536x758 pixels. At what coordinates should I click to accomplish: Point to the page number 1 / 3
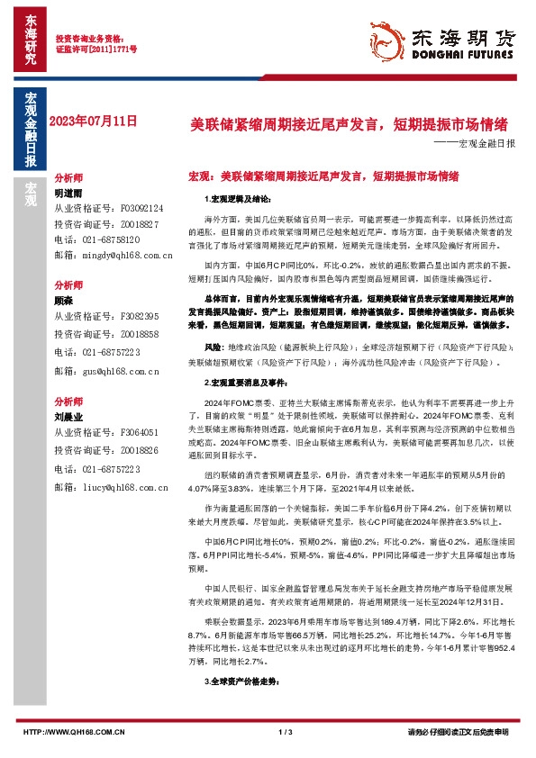tap(287, 732)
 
